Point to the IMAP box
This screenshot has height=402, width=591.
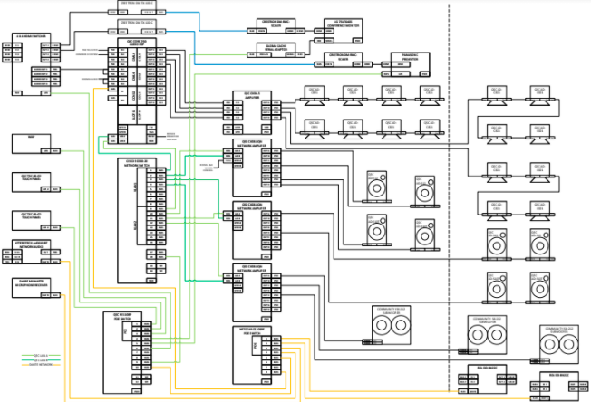(x=31, y=142)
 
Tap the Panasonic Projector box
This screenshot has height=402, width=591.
(x=408, y=62)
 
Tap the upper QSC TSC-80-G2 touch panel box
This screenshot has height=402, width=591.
(x=31, y=179)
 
